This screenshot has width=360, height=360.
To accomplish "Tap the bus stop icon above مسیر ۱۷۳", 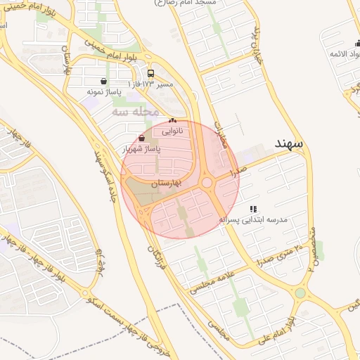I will tap(151, 74).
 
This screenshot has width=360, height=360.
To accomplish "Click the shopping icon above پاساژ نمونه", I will tap(104, 81).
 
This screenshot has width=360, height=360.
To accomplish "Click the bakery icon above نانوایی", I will tap(172, 121).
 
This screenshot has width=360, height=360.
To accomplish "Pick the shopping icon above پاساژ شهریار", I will tap(143, 139).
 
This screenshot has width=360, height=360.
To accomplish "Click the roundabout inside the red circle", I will tap(207, 183).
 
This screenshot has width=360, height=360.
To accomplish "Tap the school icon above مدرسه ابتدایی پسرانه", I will tap(253, 209).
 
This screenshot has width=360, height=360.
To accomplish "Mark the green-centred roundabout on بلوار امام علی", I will tap(301, 292).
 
